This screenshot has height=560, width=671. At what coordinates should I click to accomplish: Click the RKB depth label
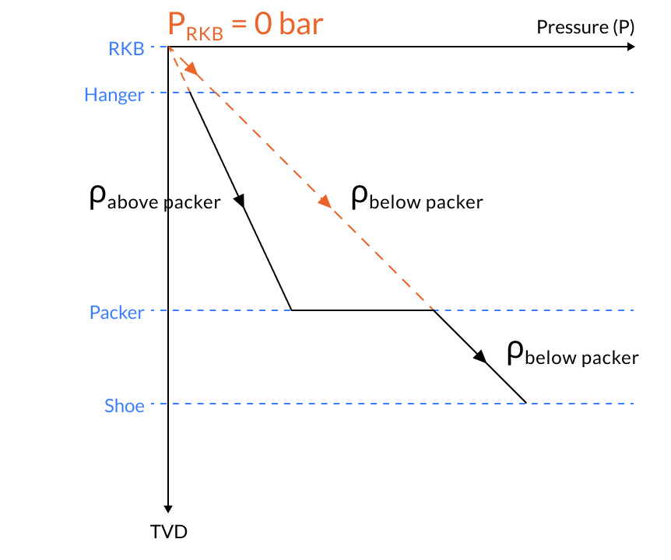[126, 49]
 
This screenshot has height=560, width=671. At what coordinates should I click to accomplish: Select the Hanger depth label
[114, 96]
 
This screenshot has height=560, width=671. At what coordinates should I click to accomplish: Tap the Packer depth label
[117, 313]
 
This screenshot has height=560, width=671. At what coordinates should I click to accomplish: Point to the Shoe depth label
[125, 405]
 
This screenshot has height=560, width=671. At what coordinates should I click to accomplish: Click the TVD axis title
[169, 532]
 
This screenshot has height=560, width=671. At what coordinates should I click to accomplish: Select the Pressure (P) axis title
[585, 27]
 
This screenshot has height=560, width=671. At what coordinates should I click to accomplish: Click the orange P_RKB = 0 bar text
[245, 25]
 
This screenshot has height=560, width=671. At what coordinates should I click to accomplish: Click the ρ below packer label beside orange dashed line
[416, 198]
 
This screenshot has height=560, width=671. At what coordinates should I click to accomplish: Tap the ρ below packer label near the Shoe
[572, 354]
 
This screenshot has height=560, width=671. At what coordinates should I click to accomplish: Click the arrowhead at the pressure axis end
[630, 47]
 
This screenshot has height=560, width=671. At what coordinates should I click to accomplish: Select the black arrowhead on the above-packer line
[241, 201]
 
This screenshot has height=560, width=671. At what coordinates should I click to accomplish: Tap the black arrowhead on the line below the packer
[480, 357]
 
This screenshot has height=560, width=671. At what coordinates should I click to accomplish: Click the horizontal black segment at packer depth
[362, 310]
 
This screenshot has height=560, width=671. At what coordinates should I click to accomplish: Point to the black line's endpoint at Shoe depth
[526, 402]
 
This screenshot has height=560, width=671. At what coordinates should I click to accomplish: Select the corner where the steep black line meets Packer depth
[291, 310]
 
